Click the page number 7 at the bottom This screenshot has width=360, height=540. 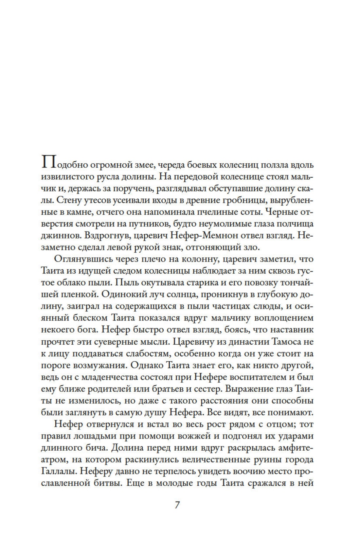[x=177, y=505]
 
